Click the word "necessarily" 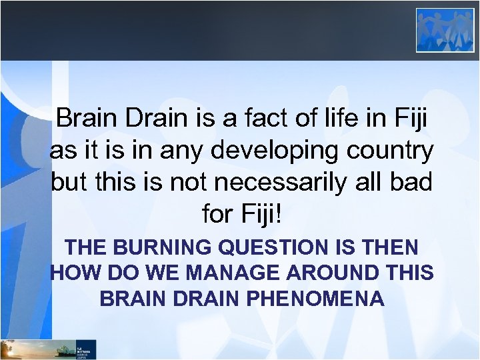293,182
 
